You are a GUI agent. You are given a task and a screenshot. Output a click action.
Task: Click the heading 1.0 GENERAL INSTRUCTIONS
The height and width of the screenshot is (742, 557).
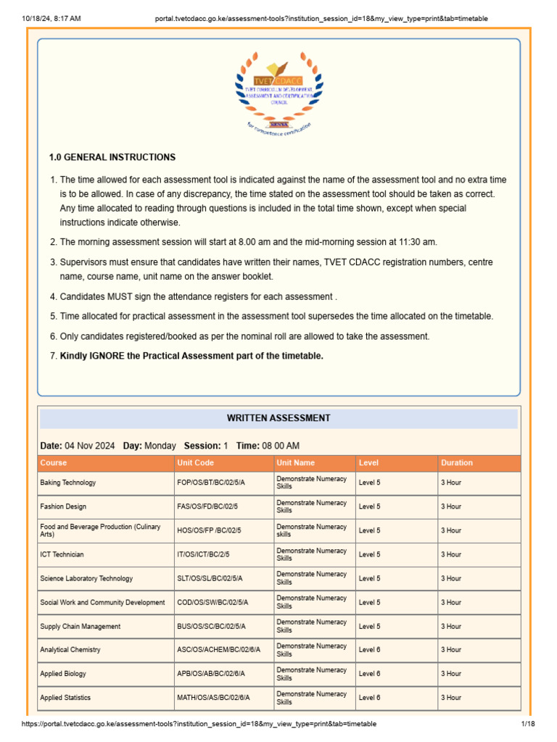(112, 157)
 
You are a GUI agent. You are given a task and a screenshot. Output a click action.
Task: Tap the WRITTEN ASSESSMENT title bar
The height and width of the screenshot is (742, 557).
(278, 418)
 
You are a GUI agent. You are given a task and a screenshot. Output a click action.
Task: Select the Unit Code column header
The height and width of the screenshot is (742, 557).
(195, 462)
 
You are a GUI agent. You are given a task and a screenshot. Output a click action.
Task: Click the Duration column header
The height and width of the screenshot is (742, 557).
(456, 462)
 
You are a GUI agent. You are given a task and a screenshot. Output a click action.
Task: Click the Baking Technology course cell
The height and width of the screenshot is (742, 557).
(68, 483)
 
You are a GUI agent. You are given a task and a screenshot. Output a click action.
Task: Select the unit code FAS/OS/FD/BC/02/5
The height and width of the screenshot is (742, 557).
(208, 507)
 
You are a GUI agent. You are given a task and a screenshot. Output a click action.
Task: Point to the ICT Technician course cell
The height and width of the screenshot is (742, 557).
(62, 554)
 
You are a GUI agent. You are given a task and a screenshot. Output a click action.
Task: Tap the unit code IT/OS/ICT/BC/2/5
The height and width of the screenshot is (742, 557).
(203, 554)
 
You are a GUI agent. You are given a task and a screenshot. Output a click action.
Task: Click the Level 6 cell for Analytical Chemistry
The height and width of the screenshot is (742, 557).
(369, 650)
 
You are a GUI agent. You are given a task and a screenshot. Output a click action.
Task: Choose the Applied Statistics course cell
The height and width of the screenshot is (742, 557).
(65, 698)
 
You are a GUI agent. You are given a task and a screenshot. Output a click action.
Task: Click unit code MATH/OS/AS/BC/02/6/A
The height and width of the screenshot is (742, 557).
(213, 698)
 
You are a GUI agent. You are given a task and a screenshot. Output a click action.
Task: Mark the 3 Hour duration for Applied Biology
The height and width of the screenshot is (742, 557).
(451, 674)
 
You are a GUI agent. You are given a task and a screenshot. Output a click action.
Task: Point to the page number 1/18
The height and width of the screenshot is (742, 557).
(527, 724)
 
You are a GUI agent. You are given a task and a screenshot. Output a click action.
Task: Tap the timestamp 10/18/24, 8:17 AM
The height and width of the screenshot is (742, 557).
(51, 18)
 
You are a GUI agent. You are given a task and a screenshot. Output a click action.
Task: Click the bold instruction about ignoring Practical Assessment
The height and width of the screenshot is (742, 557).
(191, 356)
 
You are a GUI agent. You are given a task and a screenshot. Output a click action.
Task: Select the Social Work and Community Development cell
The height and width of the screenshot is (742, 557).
(102, 602)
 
